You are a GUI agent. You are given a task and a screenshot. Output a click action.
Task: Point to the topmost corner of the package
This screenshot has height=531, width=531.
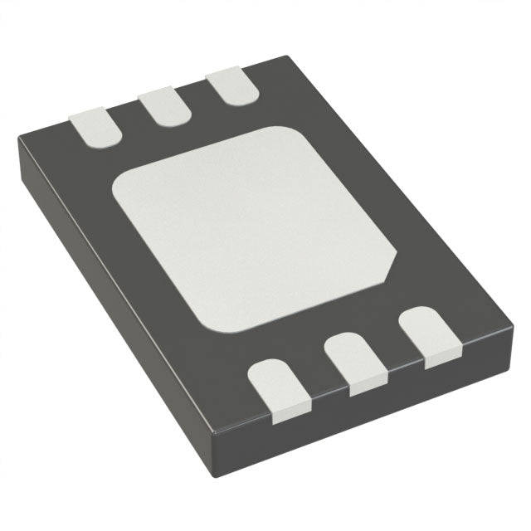[x=286, y=56]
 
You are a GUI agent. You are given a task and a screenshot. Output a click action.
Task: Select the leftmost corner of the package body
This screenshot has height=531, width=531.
[x=18, y=148]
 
